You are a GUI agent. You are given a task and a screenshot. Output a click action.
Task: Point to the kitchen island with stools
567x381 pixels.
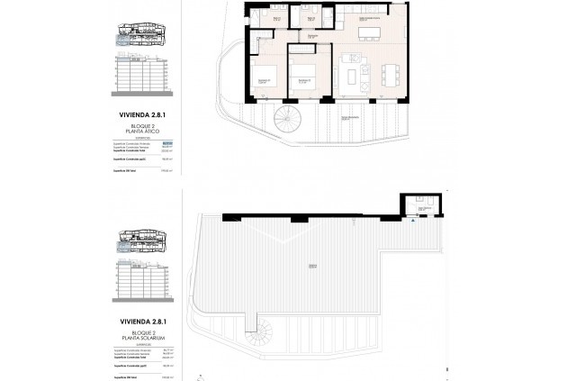pyautogui.click(x=370, y=33)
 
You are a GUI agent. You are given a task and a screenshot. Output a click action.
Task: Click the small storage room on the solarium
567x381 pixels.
pyautogui.click(x=420, y=208)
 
